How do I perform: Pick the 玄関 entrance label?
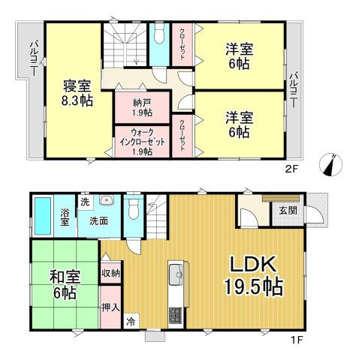[x=288, y=211]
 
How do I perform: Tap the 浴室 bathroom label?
[x=65, y=216]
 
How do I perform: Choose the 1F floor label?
[x=295, y=339]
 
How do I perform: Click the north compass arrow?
[x=330, y=165]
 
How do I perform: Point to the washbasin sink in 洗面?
[x=107, y=201]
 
